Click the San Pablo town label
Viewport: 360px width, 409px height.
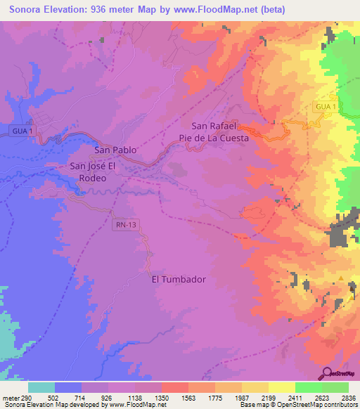pyautogui.click(x=115, y=150)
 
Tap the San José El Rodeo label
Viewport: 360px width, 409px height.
pyautogui.click(x=98, y=172)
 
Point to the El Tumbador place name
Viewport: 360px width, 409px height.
pyautogui.click(x=179, y=279)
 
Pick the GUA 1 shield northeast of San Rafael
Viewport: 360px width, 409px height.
pyautogui.click(x=326, y=105)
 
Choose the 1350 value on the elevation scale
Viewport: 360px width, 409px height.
pyautogui.click(x=161, y=397)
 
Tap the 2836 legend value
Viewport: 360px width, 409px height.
pyautogui.click(x=348, y=397)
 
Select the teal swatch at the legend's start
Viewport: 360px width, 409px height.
pyautogui.click(x=41, y=387)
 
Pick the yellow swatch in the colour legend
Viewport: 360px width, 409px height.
pyautogui.click(x=281, y=387)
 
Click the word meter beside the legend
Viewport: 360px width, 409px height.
pyautogui.click(x=10, y=397)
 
